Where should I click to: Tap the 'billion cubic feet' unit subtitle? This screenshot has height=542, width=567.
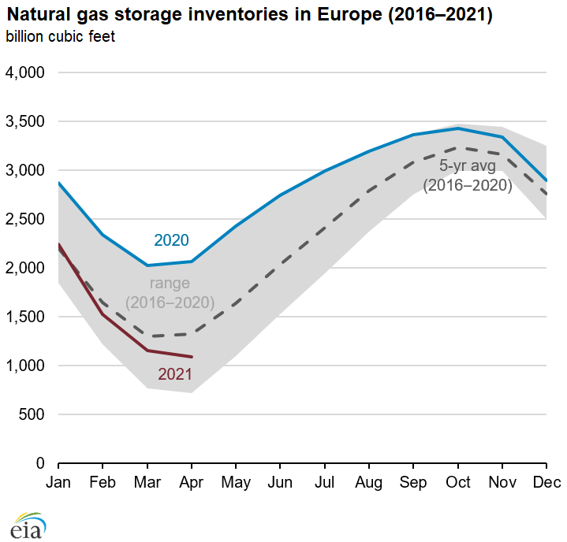tap(61, 37)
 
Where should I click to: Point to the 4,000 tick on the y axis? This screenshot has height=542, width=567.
tap(27, 72)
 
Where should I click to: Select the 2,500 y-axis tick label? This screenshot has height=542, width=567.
tap(27, 219)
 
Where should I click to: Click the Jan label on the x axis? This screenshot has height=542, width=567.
tap(58, 482)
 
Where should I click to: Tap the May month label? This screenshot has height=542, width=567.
tap(237, 482)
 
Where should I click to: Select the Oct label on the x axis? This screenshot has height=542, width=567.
tap(459, 482)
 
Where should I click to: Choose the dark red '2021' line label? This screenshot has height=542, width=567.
tap(175, 374)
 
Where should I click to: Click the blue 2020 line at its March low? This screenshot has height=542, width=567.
tap(147, 265)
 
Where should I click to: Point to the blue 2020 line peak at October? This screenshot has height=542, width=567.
tap(459, 128)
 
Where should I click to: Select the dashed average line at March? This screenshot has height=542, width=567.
tap(147, 336)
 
